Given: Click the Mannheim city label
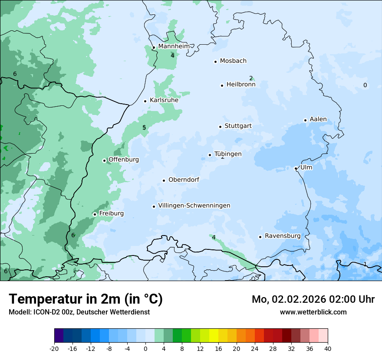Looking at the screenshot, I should point(174,46).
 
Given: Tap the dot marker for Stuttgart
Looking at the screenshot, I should point(220,127).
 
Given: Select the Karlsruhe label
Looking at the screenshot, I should point(164,100).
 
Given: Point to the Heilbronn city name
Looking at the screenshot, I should point(241,85).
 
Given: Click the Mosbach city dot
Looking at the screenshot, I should point(215,62).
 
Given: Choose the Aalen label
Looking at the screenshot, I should point(318,119).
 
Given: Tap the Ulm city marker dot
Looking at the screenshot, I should point(296,168).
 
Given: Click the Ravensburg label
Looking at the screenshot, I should point(283,236).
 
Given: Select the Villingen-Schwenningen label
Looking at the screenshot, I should point(194,206).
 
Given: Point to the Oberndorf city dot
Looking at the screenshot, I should point(164,180).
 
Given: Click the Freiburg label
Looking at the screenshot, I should point(111,213).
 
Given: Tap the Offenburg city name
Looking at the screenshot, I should point(124,160).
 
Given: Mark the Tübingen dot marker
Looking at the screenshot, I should point(210,155).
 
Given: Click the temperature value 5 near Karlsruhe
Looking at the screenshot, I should point(144,128).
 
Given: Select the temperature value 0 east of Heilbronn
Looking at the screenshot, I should point(365,85).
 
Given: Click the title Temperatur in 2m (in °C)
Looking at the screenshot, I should point(86,299).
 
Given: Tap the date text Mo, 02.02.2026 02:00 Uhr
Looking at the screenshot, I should point(313,299).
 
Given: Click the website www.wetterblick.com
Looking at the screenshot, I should point(313,312).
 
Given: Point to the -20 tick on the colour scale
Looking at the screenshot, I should point(54,348).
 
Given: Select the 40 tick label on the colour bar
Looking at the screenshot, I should point(328,348).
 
